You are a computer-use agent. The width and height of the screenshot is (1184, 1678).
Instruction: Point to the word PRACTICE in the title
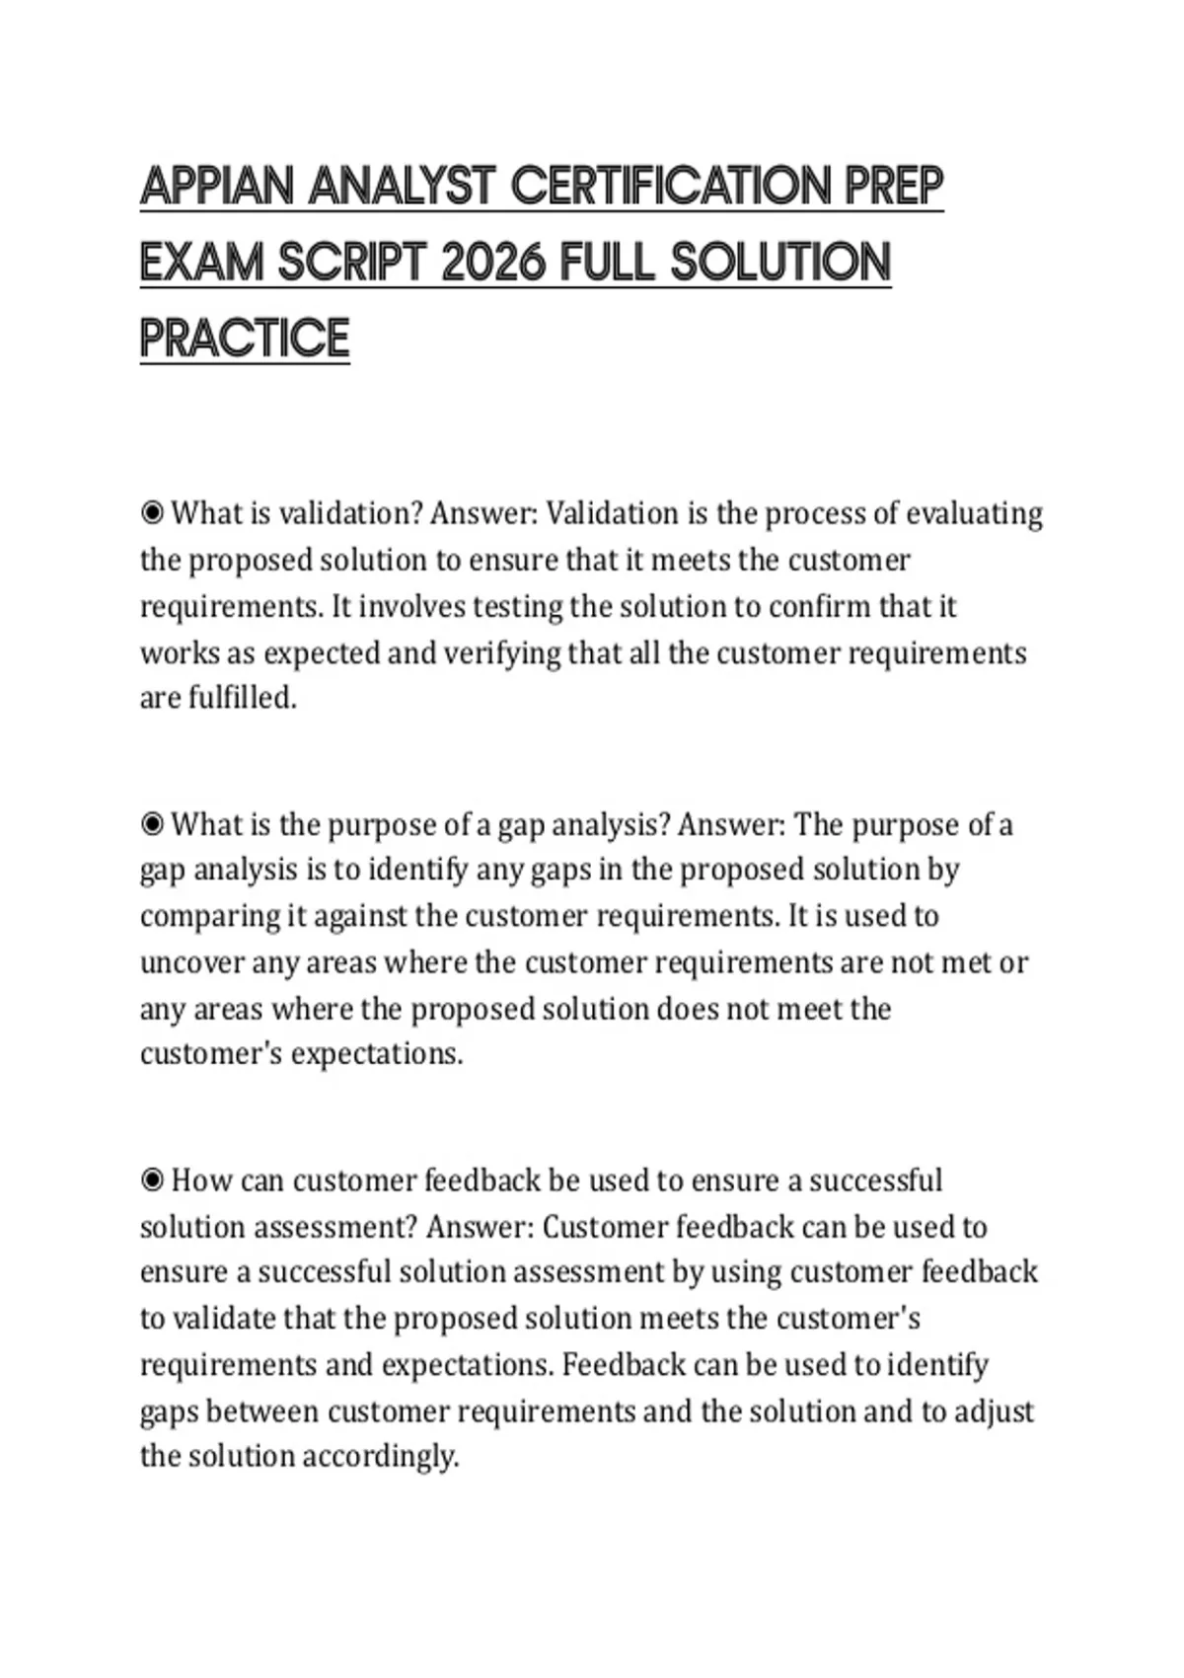(245, 339)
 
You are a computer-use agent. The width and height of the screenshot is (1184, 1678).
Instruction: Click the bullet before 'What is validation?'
(152, 513)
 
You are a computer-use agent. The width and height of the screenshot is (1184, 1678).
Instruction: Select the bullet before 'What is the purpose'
(152, 824)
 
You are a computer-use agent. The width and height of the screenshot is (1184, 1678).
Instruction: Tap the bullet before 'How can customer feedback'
(152, 1181)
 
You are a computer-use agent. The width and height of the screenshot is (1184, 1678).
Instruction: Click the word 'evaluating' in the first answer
(974, 514)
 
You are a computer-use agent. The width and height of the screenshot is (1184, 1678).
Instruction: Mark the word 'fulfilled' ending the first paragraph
(241, 698)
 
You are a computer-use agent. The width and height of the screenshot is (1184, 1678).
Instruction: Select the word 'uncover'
(192, 962)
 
